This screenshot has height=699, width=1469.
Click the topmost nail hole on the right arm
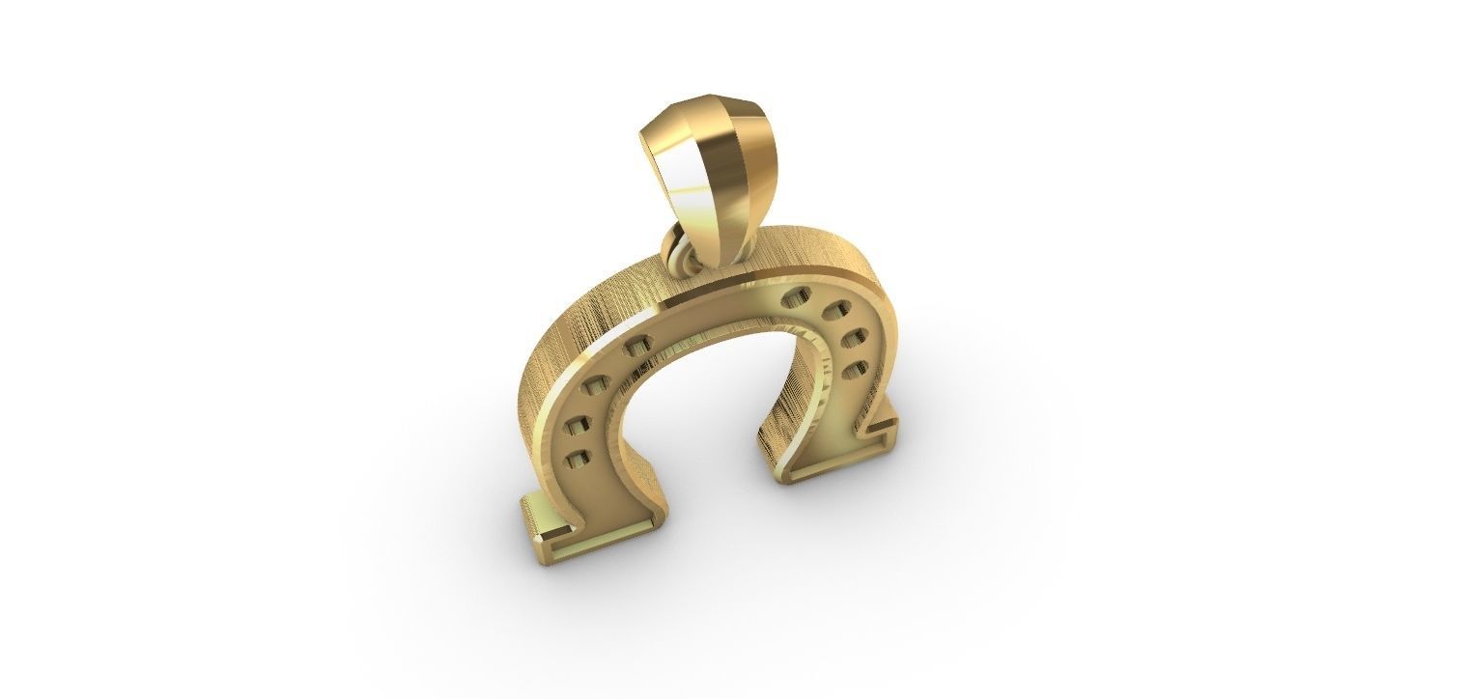[798, 294]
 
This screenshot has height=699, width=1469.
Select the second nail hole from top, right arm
[836, 311]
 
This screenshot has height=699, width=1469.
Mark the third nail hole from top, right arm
[855, 338]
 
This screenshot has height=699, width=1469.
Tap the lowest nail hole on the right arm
[853, 370]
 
